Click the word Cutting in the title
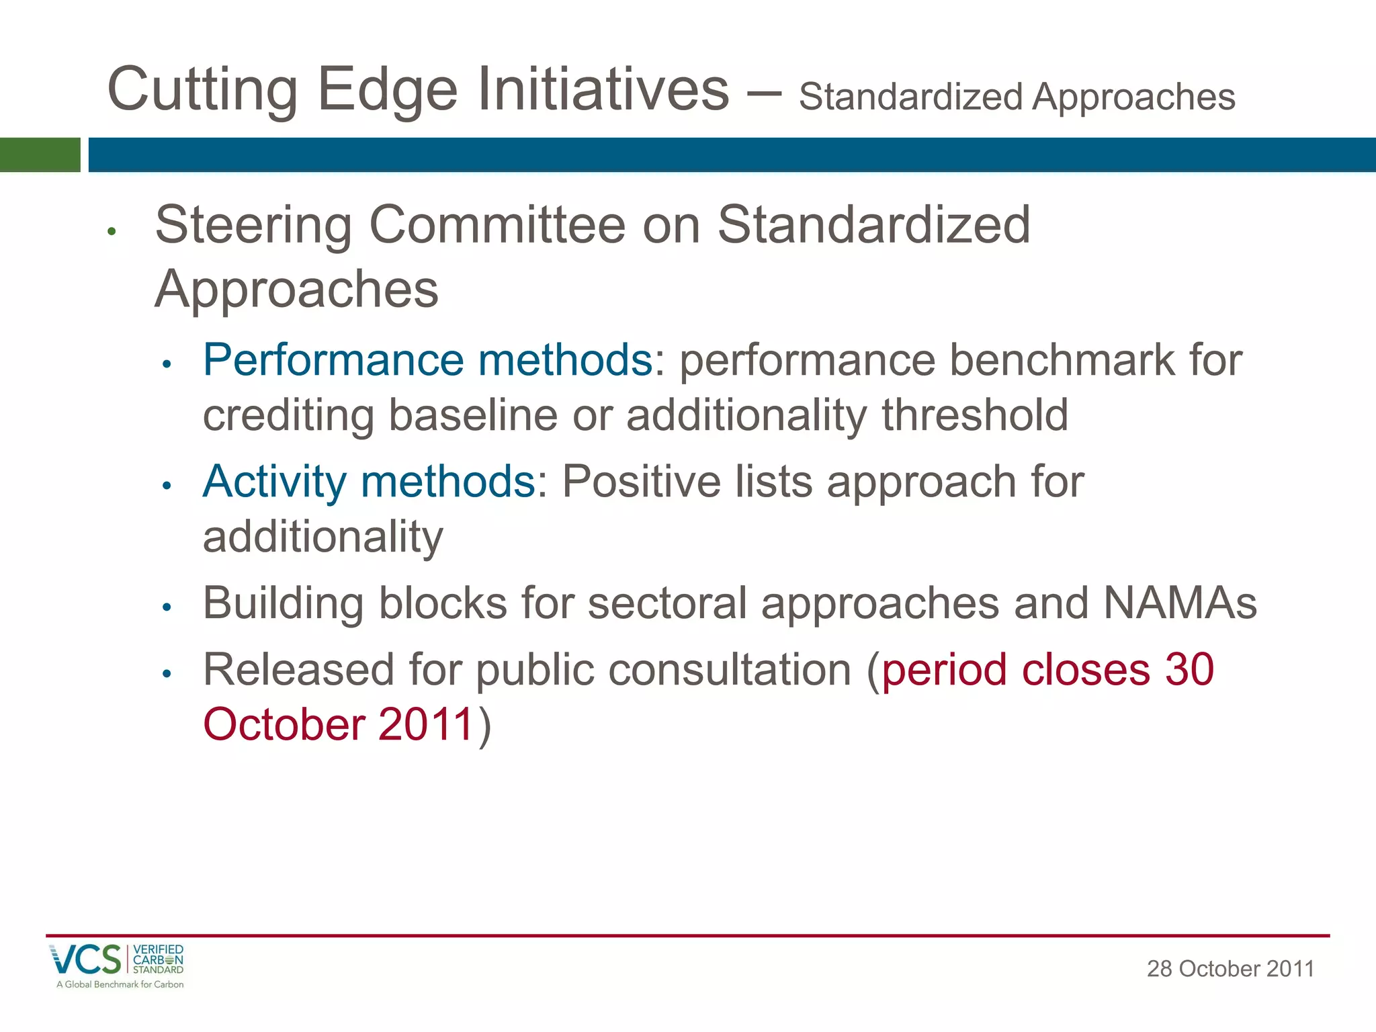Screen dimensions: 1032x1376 click(x=202, y=91)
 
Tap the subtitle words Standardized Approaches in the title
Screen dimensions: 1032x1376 click(x=1017, y=97)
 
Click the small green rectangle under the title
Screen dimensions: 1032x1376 click(x=40, y=155)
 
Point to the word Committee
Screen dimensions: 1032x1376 click(x=497, y=225)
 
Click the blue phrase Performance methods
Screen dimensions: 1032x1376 click(x=427, y=360)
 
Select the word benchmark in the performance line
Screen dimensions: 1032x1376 click(x=1062, y=360)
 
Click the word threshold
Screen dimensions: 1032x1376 click(x=974, y=415)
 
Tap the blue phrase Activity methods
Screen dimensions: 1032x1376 click(x=369, y=482)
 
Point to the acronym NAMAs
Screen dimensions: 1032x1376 click(x=1180, y=603)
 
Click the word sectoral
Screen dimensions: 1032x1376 click(x=666, y=603)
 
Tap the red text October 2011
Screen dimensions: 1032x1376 click(x=339, y=725)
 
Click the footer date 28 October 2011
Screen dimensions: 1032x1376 click(x=1230, y=969)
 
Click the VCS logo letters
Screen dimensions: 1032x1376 click(x=85, y=959)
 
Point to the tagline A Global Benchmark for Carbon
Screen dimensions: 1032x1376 click(x=120, y=985)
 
